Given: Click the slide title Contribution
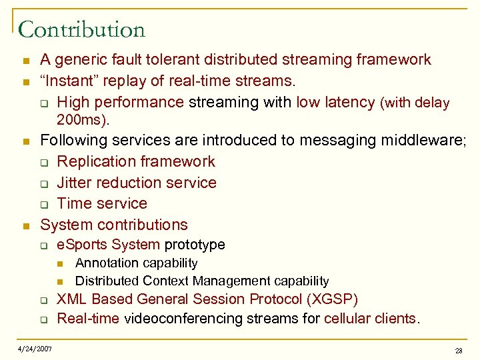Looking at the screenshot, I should (x=81, y=29).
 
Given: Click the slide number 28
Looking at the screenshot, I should (x=459, y=351).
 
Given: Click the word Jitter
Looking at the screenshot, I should (x=75, y=183).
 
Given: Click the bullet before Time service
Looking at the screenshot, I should (x=44, y=204).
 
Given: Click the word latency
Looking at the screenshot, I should (x=349, y=102).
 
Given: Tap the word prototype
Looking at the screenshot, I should (x=195, y=245).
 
